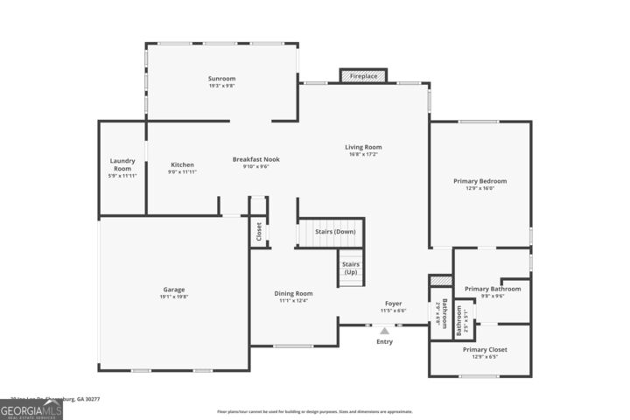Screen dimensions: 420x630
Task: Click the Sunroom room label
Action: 221,79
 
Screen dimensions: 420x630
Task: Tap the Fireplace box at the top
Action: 363,77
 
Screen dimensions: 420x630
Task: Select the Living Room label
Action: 363,147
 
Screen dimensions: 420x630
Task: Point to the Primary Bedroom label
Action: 479,181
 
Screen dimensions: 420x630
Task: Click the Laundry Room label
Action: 122,164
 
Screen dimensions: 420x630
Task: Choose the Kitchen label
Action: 182,164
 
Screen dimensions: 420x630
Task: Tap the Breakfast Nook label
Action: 255,159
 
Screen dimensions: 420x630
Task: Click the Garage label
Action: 173,290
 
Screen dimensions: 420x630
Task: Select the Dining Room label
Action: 293,293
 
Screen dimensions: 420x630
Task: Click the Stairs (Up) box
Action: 350,268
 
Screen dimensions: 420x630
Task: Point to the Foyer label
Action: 394,304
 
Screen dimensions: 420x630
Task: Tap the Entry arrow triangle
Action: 384,330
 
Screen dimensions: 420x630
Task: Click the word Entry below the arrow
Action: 384,342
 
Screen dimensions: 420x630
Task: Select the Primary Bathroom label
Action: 492,289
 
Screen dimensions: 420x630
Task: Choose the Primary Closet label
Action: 484,349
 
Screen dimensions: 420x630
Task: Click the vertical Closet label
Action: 259,232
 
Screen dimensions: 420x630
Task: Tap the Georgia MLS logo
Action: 31,409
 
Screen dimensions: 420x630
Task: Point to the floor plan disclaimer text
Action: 314,411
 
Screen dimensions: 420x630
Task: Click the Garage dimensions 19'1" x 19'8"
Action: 173,297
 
